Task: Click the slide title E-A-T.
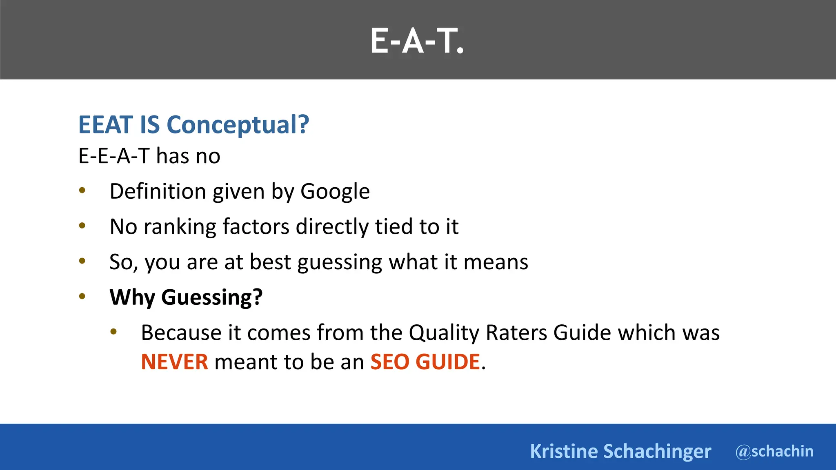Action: click(x=417, y=41)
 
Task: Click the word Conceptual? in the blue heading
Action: click(x=238, y=124)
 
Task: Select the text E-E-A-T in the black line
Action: click(x=114, y=156)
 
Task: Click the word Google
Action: click(x=335, y=191)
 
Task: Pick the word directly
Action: click(x=332, y=226)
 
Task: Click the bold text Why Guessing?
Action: click(x=186, y=297)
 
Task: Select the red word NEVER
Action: click(x=174, y=361)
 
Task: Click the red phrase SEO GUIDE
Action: click(x=425, y=361)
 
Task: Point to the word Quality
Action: click(x=444, y=333)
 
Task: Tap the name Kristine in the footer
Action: click(x=564, y=451)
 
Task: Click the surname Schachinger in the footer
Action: click(x=657, y=451)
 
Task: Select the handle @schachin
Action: click(x=774, y=451)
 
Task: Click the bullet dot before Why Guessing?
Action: click(x=82, y=296)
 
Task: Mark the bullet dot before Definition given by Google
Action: click(x=82, y=190)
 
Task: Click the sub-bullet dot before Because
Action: click(x=113, y=332)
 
